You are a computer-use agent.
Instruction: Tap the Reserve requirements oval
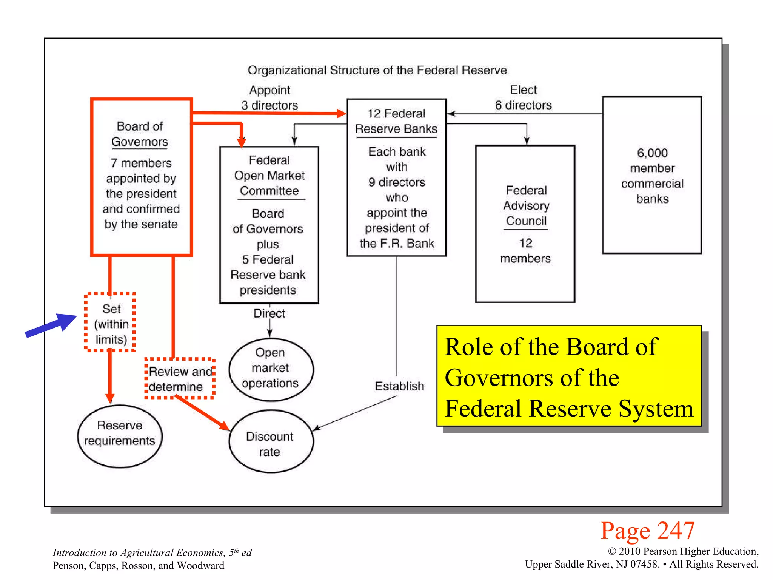[120, 436]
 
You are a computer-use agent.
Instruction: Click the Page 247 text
[647, 531]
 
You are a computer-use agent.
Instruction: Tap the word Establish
[399, 386]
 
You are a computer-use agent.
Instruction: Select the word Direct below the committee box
[269, 313]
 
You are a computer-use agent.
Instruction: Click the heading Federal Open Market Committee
[269, 175]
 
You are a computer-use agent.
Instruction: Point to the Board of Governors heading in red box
[140, 134]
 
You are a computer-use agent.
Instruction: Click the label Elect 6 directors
[523, 97]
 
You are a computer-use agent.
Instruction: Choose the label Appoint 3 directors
[269, 97]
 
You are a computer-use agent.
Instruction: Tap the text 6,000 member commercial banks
[652, 176]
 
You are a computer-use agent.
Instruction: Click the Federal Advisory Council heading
[526, 205]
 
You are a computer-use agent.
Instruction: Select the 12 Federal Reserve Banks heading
[396, 121]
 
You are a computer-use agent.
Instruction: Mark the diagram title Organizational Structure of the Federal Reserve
[377, 70]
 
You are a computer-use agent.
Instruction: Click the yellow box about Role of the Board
[569, 376]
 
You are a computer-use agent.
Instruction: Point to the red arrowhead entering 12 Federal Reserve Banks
[341, 113]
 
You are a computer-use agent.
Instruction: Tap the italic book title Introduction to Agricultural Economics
[152, 552]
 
